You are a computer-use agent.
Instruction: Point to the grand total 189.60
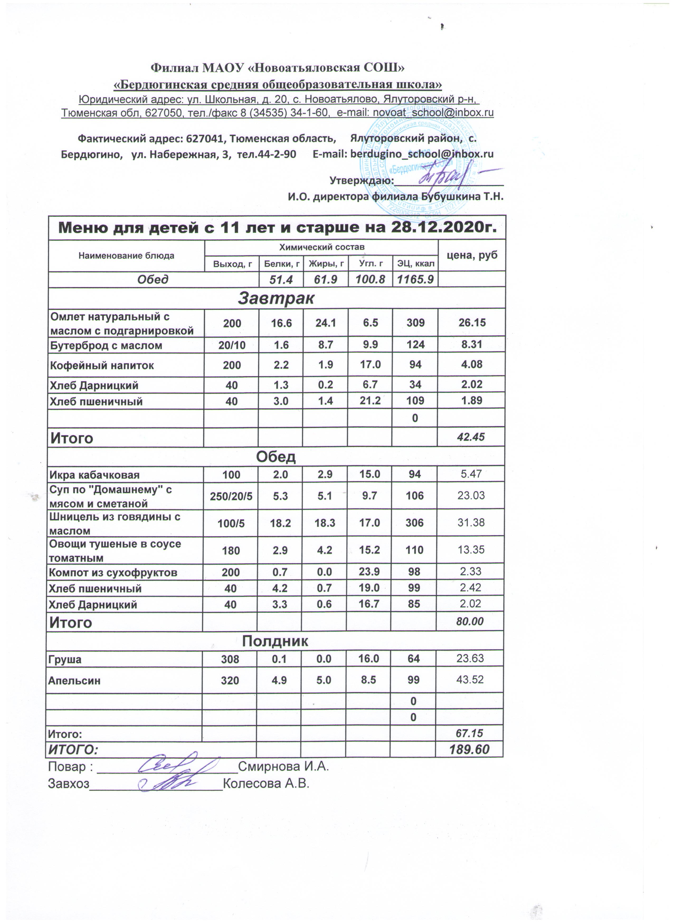tap(469, 750)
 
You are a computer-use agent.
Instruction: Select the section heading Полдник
tap(275, 641)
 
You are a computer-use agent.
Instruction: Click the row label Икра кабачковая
tap(94, 475)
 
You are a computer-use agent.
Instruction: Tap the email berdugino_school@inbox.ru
tap(422, 154)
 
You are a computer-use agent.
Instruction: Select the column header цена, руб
tap(472, 255)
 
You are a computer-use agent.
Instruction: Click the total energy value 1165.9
tap(415, 279)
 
